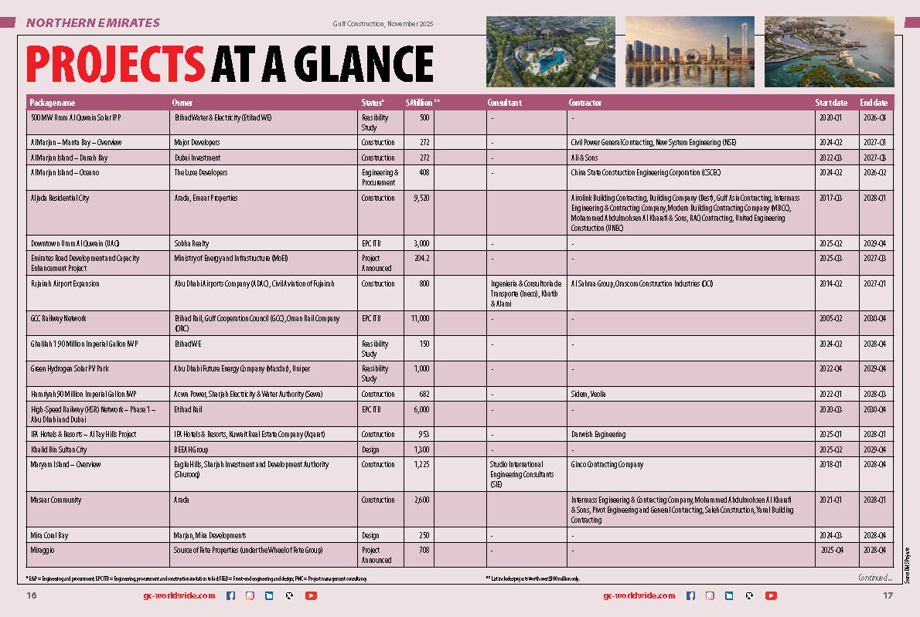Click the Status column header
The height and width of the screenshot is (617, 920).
[373, 103]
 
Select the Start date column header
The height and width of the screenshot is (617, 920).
[831, 103]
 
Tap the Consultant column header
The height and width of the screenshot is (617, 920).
[504, 103]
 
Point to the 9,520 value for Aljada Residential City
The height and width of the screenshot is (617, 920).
[417, 198]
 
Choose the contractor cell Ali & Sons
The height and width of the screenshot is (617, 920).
[584, 158]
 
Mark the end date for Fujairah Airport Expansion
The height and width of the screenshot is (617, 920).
[873, 284]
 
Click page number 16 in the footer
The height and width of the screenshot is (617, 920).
[32, 595]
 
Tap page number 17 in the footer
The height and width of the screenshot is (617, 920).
[888, 595]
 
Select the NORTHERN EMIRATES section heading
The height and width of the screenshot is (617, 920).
[93, 23]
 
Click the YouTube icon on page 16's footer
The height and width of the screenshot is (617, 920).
[311, 595]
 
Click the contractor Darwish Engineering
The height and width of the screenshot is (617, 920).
[598, 435]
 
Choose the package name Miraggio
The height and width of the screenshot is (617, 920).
[43, 551]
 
